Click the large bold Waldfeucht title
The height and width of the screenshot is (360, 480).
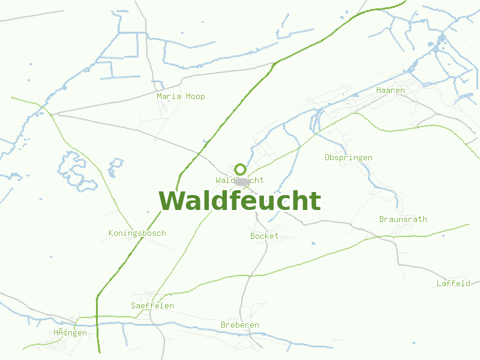239,201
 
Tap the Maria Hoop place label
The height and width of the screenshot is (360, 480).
181,96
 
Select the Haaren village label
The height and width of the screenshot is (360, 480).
391,90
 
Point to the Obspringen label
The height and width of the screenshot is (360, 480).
348,158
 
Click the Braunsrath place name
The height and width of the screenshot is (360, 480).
403,219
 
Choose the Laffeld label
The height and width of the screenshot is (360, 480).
453,283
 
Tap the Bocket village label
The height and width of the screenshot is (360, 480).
264,236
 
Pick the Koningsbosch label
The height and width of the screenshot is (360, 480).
137,233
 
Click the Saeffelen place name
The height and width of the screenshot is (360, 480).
152,305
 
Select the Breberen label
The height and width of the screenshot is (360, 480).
239,325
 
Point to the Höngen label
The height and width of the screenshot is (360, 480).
70,332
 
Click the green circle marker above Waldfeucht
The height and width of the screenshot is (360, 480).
240,169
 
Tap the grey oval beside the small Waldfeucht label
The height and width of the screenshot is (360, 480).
242,181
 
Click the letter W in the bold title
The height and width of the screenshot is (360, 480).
171,201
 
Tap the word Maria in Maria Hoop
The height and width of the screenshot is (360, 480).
169,96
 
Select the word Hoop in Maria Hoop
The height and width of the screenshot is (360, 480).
196,96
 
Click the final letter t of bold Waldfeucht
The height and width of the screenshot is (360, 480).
316,201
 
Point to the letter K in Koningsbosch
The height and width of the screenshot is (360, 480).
111,233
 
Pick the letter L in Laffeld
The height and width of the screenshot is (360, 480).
439,283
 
